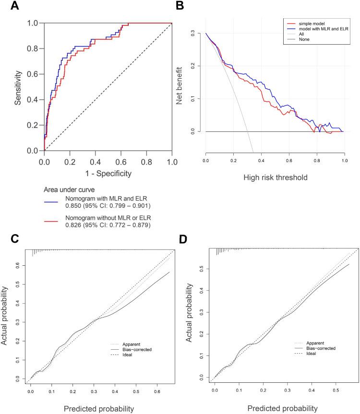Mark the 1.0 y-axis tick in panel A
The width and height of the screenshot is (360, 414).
coord(32,23)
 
